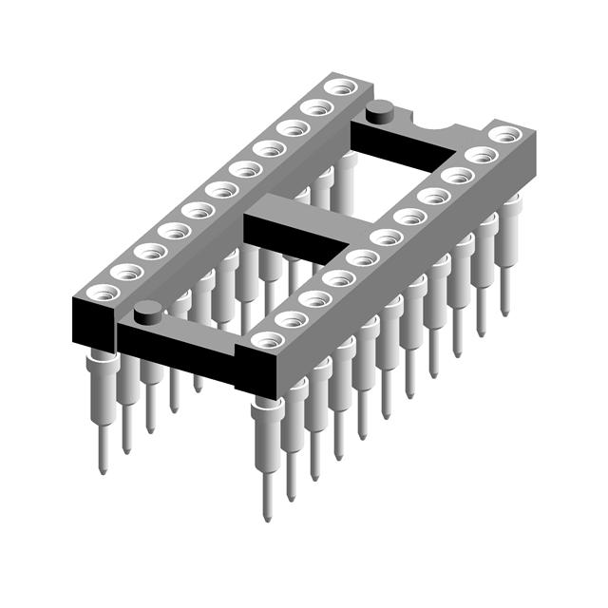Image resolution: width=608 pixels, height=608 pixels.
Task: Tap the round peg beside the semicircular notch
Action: coord(382,109)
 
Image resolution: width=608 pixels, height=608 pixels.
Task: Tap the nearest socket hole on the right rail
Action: coord(264,340)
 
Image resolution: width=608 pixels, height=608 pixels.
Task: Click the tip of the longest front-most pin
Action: coord(267,518)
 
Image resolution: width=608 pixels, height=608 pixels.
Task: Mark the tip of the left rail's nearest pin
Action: coord(103,469)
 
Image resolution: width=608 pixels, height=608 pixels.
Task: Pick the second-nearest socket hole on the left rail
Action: coord(126,272)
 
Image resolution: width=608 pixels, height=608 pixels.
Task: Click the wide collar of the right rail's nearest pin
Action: coord(267,409)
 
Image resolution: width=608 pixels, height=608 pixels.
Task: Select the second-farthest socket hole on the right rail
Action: coord(481,155)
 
